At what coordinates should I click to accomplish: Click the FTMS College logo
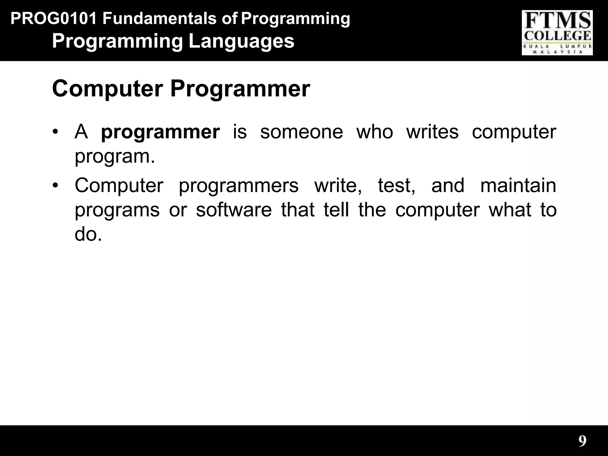(557, 33)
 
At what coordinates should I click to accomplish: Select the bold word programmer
(160, 132)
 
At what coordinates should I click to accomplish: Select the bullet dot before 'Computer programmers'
(55, 185)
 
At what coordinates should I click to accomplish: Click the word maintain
(518, 185)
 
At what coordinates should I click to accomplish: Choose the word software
(234, 210)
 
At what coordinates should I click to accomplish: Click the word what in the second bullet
(510, 210)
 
